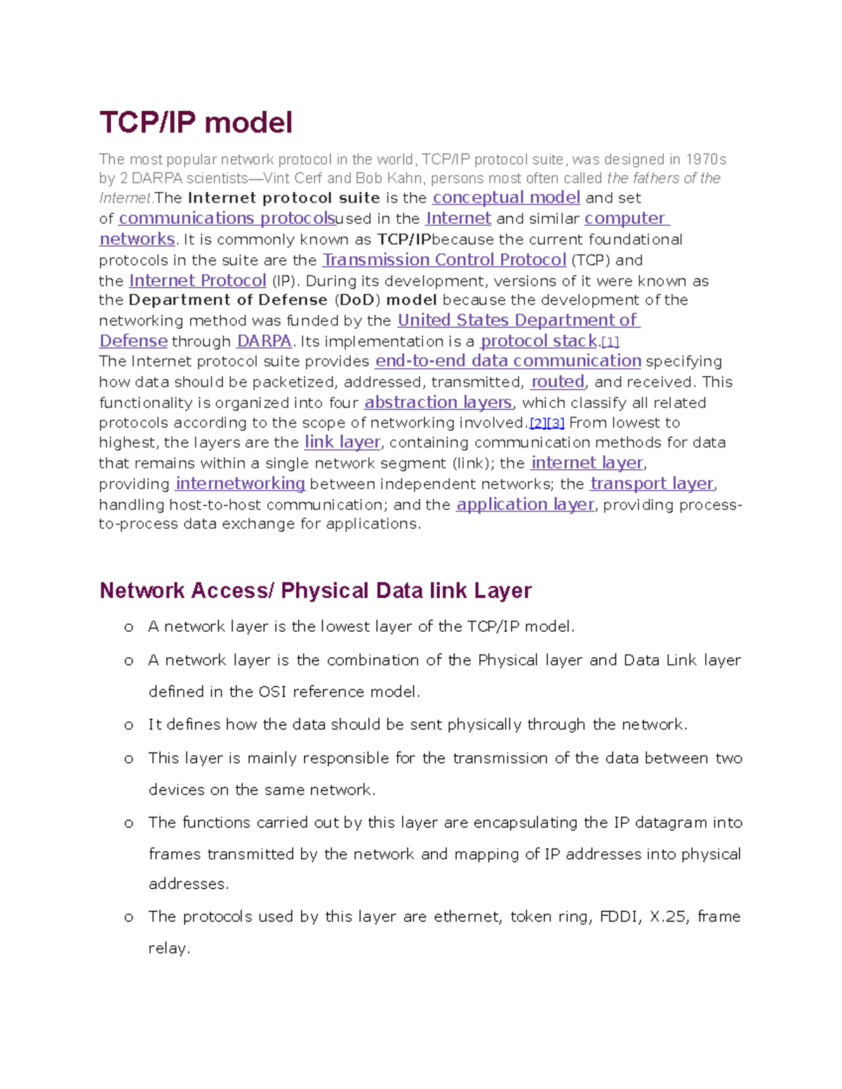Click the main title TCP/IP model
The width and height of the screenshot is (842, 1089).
pos(196,123)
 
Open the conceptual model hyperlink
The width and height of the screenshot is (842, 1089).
pos(506,198)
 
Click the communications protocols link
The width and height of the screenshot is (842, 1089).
pos(227,219)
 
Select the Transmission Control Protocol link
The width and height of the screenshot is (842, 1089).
pos(443,260)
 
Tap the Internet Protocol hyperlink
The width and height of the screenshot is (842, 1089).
pos(197,281)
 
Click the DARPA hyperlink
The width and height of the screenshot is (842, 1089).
pos(264,341)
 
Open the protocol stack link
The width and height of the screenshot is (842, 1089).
pos(538,341)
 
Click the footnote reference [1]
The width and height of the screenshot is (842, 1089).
pos(610,342)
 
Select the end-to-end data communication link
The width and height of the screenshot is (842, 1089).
pos(508,361)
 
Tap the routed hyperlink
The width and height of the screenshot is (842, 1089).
pos(557,382)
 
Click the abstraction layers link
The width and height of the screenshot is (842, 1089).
pos(439,403)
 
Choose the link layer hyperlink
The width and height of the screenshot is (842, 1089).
pos(342,442)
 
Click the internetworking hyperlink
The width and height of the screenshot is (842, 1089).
pos(240,484)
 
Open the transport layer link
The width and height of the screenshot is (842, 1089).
pos(652,484)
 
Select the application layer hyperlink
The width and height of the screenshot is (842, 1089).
pos(525,505)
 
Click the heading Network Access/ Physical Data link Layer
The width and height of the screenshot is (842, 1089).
pos(315,590)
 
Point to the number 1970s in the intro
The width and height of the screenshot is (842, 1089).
pos(706,160)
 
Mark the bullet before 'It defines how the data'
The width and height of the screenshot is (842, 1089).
pos(128,726)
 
